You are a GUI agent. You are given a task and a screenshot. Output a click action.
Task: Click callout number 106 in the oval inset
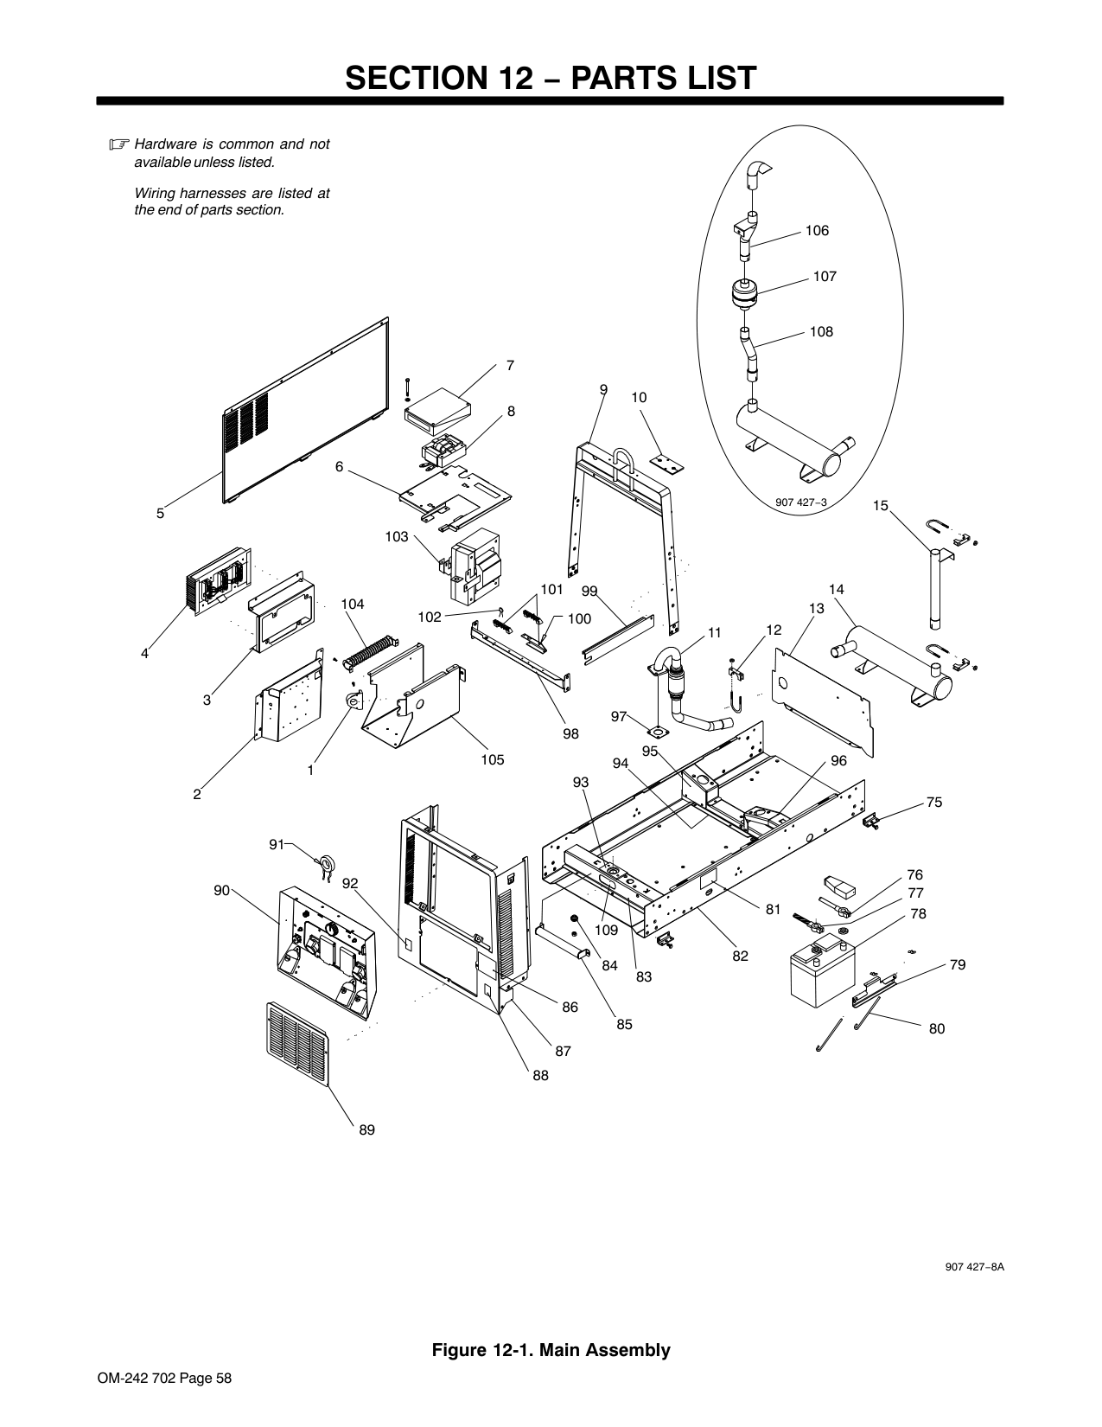point(817,231)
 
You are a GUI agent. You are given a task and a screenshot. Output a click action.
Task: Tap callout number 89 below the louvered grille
point(366,1130)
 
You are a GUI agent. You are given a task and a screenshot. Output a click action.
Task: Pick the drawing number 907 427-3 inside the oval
point(800,502)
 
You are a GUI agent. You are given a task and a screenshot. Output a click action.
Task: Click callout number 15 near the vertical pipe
point(880,505)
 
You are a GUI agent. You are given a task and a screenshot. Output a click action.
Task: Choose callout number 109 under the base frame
point(607,930)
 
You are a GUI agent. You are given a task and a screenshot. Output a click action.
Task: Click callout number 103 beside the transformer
point(397,536)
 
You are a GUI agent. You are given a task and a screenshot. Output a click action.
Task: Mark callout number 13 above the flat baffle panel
point(816,609)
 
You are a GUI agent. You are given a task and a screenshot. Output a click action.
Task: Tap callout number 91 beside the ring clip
point(277,844)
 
